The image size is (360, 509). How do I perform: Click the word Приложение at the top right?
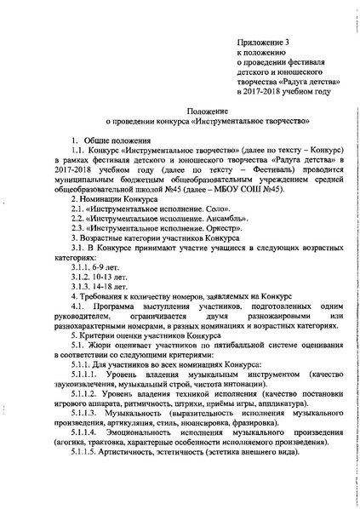[257, 41]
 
